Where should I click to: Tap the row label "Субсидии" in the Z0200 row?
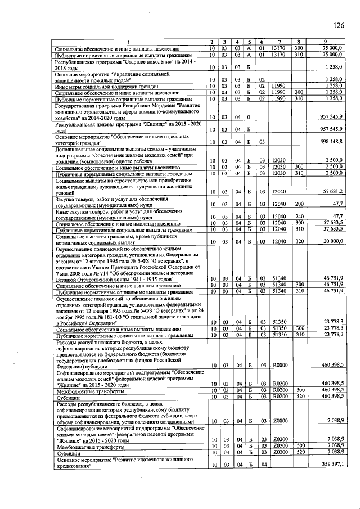pyautogui.click(x=67, y=453)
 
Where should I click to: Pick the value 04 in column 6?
pyautogui.click(x=262, y=465)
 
